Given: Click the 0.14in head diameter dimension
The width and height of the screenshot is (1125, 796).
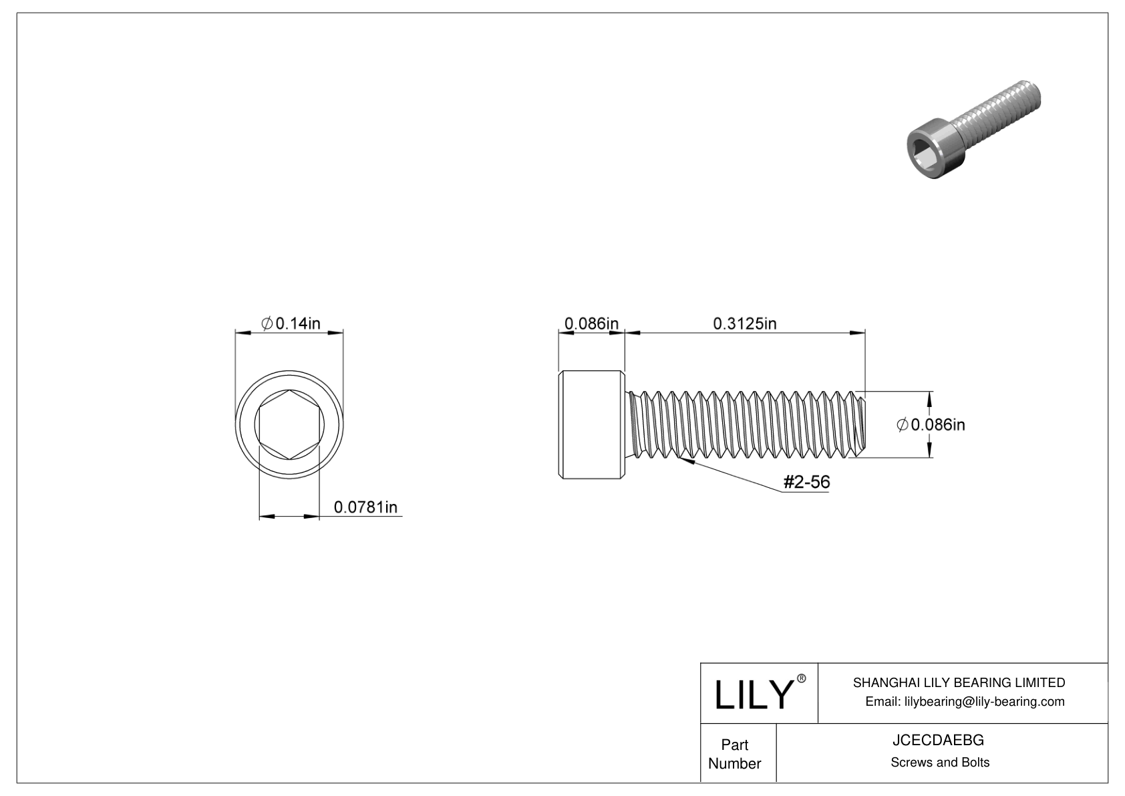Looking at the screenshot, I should point(290,323).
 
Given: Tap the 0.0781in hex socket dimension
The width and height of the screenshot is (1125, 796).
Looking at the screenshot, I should point(365,507).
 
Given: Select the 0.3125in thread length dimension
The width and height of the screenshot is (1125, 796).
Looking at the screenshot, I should point(744,323).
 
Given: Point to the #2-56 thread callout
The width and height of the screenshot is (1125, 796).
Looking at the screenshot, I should point(806,482).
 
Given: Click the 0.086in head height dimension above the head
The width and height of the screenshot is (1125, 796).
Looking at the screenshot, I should point(591,323).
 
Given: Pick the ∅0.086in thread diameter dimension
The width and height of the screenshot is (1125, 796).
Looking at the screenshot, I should point(931,424).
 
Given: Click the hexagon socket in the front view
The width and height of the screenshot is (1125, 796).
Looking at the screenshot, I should point(289,424).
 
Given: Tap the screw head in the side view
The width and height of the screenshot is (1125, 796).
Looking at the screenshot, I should point(591,424).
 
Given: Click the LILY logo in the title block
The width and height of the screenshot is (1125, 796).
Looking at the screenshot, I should point(753,694).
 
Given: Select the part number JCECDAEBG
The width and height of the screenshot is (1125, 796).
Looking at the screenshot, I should point(939,741).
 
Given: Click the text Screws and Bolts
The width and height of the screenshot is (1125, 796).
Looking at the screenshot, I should point(939,763).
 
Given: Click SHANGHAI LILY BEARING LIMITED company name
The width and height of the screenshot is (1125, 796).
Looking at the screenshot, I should point(959,682).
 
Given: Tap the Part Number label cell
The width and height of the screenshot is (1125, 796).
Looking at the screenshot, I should point(734,754).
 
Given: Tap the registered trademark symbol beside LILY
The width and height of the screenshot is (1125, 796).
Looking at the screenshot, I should point(802,678).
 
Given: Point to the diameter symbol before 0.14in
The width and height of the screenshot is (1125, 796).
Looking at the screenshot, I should point(266,323).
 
